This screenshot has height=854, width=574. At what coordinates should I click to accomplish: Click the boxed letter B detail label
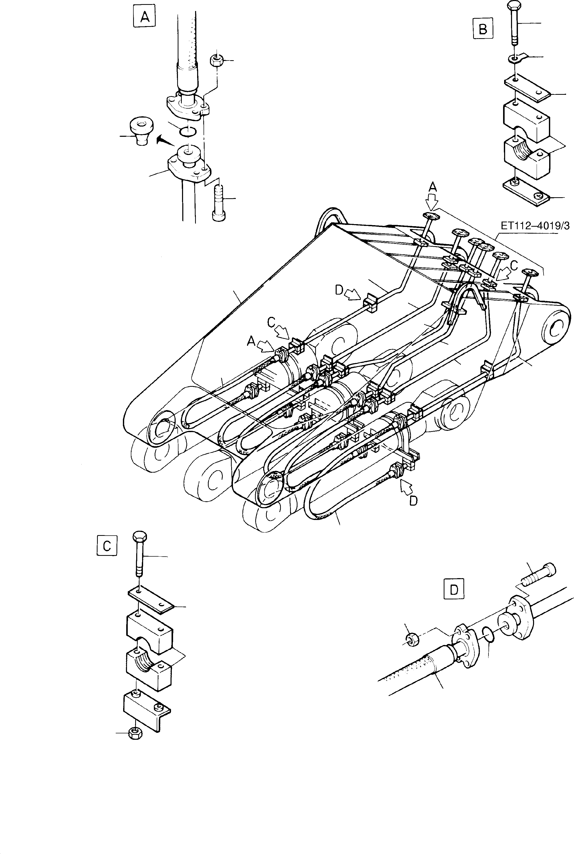tap(483, 29)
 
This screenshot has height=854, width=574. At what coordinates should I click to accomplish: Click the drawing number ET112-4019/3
tap(535, 227)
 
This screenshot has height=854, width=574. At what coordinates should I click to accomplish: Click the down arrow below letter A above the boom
tap(432, 201)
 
